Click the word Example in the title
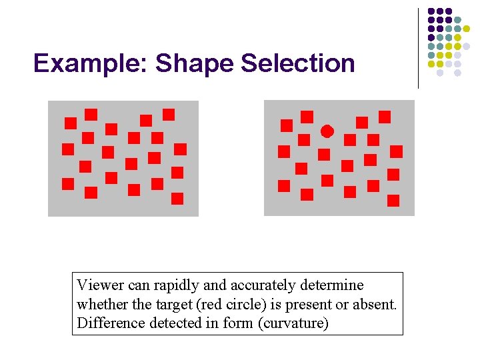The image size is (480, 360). [91, 63]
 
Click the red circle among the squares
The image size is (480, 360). [327, 131]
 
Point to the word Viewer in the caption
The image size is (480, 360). [100, 285]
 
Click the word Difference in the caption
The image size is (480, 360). [106, 323]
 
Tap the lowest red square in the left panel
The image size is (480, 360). [177, 198]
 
